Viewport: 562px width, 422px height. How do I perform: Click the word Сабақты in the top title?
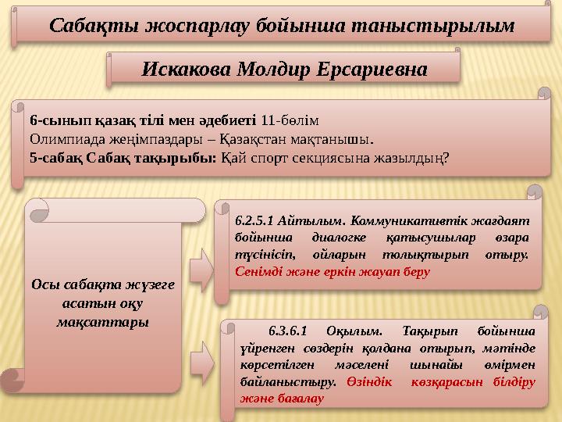click(x=94, y=27)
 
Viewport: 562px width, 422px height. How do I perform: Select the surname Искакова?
click(x=187, y=70)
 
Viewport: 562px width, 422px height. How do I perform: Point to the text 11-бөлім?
click(x=290, y=120)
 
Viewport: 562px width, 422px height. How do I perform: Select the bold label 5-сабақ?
click(x=56, y=158)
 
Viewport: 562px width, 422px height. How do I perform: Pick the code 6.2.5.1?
click(x=254, y=220)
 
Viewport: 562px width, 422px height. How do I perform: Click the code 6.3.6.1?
click(x=288, y=331)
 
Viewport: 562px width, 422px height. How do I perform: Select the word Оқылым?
click(x=354, y=331)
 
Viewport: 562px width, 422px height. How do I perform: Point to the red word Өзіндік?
click(x=369, y=382)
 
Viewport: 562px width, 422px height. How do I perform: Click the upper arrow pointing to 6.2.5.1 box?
click(x=202, y=270)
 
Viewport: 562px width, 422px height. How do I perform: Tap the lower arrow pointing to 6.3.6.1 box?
click(x=202, y=364)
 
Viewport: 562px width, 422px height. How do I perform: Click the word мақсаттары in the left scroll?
click(x=103, y=322)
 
